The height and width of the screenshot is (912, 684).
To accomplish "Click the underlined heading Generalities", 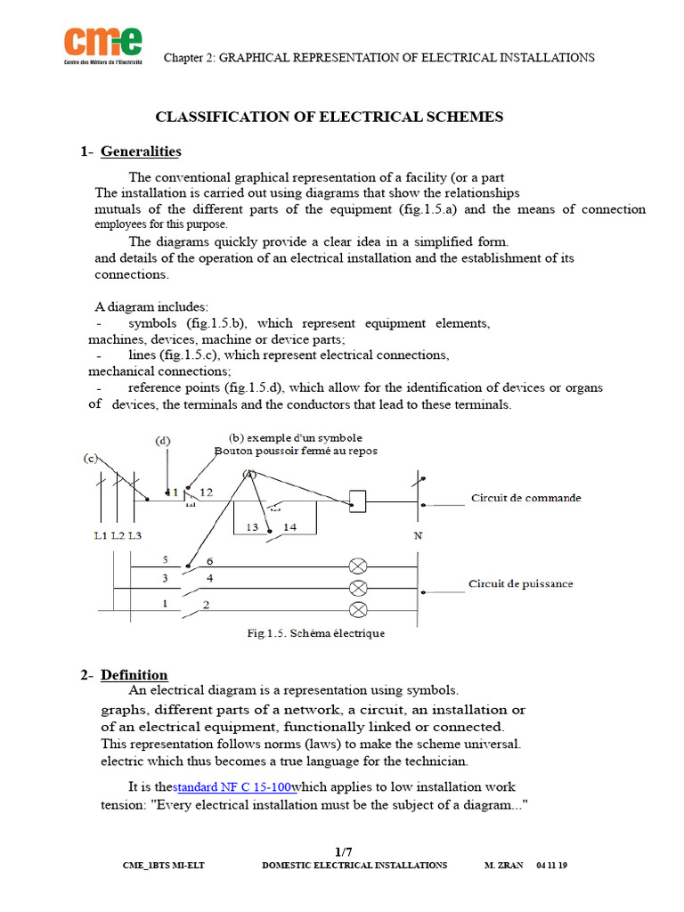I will (141, 151).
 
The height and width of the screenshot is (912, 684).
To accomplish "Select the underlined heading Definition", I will (134, 674).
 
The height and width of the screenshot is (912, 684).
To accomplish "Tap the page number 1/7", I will (342, 851).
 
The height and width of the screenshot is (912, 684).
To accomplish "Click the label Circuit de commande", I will (525, 498).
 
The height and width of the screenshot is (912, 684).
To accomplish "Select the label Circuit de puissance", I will (521, 584).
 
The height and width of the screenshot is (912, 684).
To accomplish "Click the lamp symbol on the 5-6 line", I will (358, 566).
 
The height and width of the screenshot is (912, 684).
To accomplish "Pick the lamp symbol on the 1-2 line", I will (358, 610).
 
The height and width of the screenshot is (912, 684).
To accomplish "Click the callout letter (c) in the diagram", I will (90, 459).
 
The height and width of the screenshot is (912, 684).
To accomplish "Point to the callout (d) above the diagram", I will (163, 441).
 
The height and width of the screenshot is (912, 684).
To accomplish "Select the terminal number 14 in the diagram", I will (289, 527).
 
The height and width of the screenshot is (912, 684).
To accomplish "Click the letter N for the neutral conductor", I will (418, 536).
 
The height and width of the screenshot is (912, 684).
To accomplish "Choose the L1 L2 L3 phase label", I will (118, 535).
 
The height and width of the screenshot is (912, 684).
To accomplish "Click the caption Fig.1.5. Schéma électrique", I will (315, 633).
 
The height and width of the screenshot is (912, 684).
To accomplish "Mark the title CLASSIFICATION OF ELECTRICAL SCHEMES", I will (330, 117).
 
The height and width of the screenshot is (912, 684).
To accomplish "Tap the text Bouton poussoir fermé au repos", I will (296, 451).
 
